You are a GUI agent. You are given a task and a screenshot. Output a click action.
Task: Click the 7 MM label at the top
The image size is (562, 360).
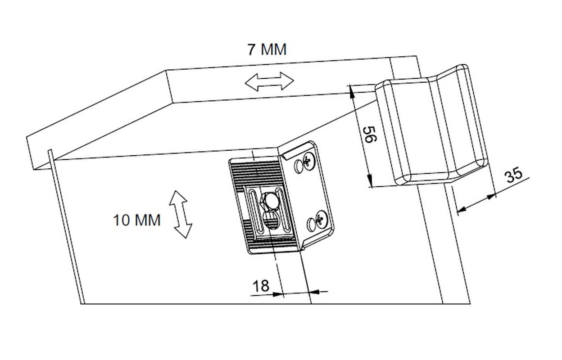tap(267, 49)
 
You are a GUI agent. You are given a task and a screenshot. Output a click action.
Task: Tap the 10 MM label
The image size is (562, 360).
tap(137, 220)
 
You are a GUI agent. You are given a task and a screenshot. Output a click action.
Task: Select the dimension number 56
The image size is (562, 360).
tap(370, 135)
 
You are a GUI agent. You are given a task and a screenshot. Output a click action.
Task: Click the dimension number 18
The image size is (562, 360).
tap(261, 286)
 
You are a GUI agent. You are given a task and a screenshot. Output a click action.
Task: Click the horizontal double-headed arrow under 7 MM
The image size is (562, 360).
tap(269, 81)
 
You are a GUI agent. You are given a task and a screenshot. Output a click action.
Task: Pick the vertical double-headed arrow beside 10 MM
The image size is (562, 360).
tap(181, 214)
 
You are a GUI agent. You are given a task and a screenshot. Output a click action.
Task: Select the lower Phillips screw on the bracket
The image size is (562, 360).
tap(322, 220)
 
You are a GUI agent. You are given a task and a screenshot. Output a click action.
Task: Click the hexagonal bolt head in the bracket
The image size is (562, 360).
tap(269, 201)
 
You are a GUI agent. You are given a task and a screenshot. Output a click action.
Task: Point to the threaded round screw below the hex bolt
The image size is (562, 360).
tap(272, 220)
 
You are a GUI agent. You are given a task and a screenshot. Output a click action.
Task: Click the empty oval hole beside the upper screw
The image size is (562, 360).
tap(298, 166)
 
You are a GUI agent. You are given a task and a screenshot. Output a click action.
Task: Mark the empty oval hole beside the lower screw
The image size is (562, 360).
tap(311, 225)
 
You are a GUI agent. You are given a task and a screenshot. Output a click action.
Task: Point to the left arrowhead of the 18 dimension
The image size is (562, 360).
tap(278, 294)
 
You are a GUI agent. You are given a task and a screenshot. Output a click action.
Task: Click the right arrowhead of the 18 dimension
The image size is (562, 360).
tap(313, 292)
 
